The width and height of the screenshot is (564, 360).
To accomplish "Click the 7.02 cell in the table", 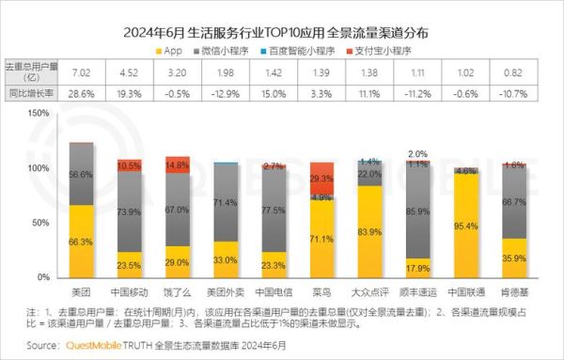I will [x=81, y=71].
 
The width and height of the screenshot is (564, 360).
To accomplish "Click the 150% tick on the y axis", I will [x=38, y=113].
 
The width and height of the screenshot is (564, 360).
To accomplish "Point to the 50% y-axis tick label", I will [x=40, y=223].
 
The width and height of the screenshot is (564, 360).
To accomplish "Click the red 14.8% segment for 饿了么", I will [x=177, y=165].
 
